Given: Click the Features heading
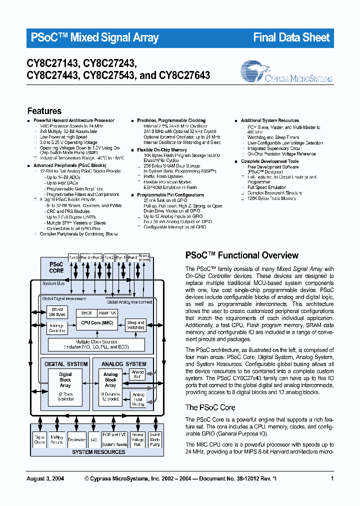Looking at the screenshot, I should click(x=44, y=111).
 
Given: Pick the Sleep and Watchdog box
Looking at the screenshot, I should click(x=135, y=325).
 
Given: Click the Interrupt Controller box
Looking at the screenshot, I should click(x=56, y=328).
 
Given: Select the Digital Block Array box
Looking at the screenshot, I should click(x=65, y=380).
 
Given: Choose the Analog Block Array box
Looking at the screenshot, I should click(x=110, y=380).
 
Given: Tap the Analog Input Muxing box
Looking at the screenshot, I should click(x=137, y=398).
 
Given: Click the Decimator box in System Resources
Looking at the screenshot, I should click(x=76, y=440).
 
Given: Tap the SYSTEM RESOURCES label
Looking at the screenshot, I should click(x=98, y=452).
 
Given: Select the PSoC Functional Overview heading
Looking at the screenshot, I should click(x=242, y=255).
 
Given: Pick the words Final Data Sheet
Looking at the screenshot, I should click(x=291, y=37).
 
